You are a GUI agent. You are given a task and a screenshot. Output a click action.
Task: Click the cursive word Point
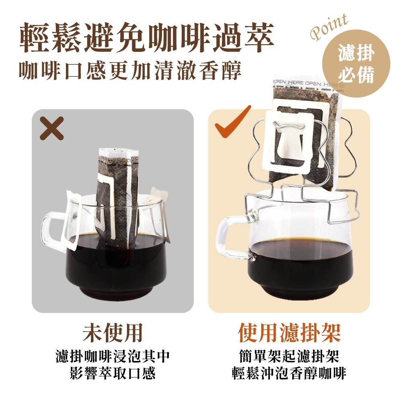click(329, 27)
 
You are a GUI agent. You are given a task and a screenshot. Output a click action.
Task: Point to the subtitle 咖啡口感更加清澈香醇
click(130, 71)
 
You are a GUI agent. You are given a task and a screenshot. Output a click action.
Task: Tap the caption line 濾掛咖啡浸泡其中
click(113, 356)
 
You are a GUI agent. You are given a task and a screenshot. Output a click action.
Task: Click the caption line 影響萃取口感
click(113, 374)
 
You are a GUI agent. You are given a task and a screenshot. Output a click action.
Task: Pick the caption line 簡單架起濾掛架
click(289, 356)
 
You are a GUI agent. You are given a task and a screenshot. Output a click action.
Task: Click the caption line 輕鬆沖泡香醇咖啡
click(289, 374)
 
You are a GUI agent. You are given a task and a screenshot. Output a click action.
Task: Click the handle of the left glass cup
click(50, 233)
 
